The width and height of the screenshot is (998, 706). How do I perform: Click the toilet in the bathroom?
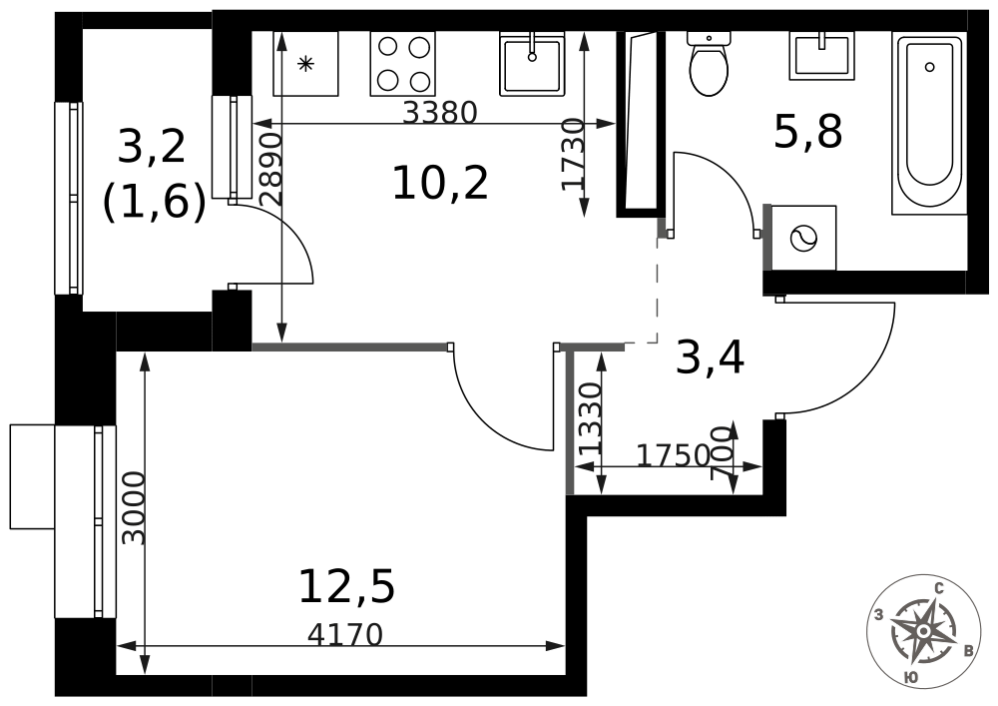(709, 64)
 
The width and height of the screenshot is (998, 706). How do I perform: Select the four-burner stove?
(403, 64)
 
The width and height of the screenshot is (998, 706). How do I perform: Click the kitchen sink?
(532, 64)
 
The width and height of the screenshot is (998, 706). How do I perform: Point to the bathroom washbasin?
(822, 56)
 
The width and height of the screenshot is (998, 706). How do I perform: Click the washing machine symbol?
(803, 238)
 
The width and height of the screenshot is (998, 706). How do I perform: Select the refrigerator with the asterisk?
(305, 64)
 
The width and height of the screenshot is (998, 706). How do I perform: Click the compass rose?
(923, 630)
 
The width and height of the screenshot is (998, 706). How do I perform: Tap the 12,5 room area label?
(347, 587)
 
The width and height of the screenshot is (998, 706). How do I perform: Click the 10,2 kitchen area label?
(440, 183)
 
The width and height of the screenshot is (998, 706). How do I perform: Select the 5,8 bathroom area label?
(808, 132)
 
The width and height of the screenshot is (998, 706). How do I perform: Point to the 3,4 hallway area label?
(710, 357)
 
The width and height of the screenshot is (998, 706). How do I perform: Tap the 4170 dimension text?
(345, 634)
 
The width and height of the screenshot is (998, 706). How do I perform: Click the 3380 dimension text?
(440, 113)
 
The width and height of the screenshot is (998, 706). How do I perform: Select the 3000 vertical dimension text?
(134, 508)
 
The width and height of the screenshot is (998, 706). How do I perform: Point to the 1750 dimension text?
(674, 455)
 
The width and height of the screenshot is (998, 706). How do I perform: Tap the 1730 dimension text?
(572, 154)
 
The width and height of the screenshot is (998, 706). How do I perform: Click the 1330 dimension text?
(591, 417)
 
